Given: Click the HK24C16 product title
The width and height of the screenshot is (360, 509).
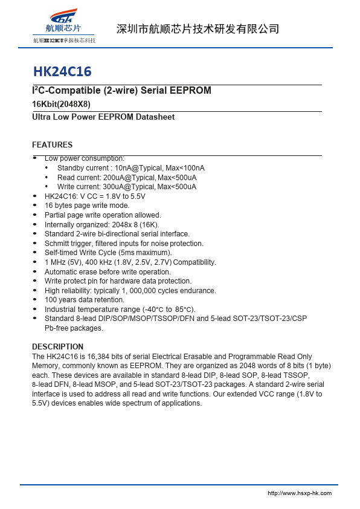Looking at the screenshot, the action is coord(62,72).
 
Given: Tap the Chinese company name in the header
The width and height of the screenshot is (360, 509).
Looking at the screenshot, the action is coord(197,29).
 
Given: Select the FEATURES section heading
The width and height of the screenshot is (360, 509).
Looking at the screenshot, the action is coord(52,145).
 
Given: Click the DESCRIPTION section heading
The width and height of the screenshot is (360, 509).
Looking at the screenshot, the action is coord(57,347).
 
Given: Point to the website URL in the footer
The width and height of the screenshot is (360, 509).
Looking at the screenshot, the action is coord(300,493).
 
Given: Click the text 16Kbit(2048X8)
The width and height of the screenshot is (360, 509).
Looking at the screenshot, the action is coord(61,104).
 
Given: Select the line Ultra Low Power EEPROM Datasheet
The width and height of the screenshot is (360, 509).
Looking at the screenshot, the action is coord(103,117).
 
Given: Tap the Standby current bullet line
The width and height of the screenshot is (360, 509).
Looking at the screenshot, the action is coord(130,168).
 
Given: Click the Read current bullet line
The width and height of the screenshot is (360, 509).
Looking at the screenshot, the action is coord(126,178).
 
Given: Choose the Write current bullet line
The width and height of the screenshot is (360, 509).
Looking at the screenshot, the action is coord(126,187).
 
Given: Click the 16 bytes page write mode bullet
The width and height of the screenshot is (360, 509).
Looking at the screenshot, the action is coord(87,206).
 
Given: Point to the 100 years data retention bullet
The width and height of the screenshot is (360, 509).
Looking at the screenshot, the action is coord(85,300).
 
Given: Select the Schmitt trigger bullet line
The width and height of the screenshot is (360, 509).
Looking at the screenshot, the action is coord(124,243).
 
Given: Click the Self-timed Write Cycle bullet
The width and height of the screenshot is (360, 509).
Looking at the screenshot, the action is coord(108,253).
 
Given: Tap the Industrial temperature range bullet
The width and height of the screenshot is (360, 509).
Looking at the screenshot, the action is coord(120,310).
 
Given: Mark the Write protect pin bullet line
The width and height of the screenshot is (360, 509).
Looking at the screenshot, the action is coord(118,281).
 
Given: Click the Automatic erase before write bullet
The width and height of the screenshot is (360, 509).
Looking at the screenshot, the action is coord(108,272).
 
